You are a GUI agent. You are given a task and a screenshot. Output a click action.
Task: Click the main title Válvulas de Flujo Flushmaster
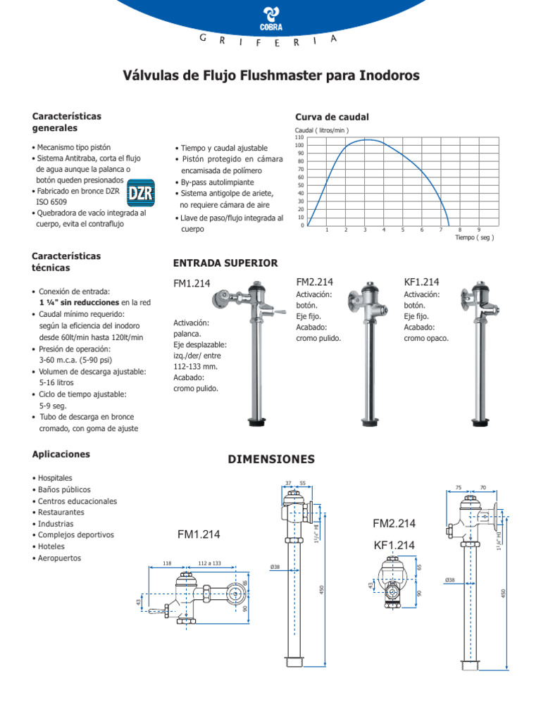[x=271, y=75]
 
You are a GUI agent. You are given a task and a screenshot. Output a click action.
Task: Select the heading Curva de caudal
[x=322, y=117]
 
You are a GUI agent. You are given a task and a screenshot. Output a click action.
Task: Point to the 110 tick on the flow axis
[x=299, y=137]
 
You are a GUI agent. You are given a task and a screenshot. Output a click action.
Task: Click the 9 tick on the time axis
[x=479, y=230]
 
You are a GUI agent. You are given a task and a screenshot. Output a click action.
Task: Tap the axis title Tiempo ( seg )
[x=474, y=238]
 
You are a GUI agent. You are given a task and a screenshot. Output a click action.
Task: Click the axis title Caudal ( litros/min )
[x=321, y=130]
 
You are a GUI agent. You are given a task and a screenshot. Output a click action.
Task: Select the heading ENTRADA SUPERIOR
[x=225, y=263]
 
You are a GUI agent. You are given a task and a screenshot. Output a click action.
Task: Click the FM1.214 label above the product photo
[x=192, y=284]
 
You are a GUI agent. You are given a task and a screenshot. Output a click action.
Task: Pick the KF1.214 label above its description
[x=421, y=282]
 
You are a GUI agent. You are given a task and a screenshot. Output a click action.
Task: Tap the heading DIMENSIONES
[x=271, y=459]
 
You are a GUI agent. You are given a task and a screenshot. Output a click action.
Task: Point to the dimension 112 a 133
[x=209, y=563]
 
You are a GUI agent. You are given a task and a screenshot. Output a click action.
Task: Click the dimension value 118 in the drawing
[x=167, y=563]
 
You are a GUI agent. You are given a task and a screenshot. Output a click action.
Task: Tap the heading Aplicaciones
[x=61, y=455]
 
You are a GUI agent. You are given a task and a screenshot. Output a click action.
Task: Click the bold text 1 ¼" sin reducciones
[x=79, y=302]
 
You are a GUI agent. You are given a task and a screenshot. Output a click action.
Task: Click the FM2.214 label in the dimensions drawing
[x=394, y=524]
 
